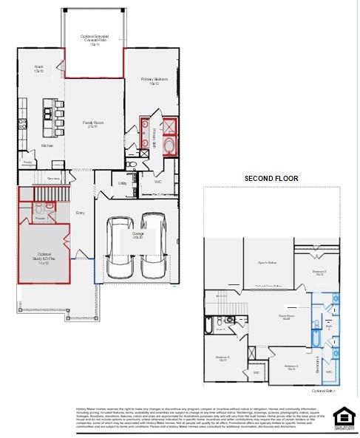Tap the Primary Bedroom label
(155, 81)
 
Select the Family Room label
(92, 124)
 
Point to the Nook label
(38, 69)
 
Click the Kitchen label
(47, 146)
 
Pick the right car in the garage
(153, 242)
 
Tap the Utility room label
(122, 183)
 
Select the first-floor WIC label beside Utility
(157, 181)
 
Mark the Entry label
(81, 213)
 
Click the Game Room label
(286, 318)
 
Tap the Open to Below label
(267, 263)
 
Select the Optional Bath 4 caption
(324, 390)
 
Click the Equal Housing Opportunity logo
(342, 417)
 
